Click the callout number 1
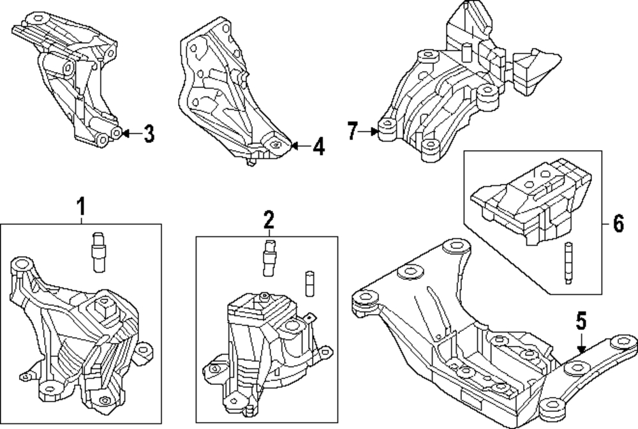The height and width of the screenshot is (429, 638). (82, 206)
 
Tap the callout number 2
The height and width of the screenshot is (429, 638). (269, 220)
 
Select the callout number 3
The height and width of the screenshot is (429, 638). (149, 133)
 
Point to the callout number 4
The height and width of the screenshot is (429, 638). (319, 147)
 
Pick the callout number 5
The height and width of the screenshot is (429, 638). (581, 320)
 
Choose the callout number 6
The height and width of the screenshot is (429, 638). (618, 223)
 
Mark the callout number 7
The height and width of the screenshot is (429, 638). (352, 131)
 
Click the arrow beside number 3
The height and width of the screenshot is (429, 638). (131, 133)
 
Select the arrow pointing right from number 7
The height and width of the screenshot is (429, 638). (369, 132)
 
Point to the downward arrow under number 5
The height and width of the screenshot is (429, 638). (581, 343)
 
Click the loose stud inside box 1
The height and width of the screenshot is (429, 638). (98, 252)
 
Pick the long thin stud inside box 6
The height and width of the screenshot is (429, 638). (568, 263)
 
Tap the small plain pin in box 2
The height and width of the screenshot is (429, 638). (309, 283)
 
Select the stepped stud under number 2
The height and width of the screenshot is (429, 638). (269, 258)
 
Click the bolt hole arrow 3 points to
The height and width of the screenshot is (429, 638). (116, 133)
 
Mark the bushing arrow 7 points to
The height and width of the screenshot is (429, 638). (388, 130)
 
